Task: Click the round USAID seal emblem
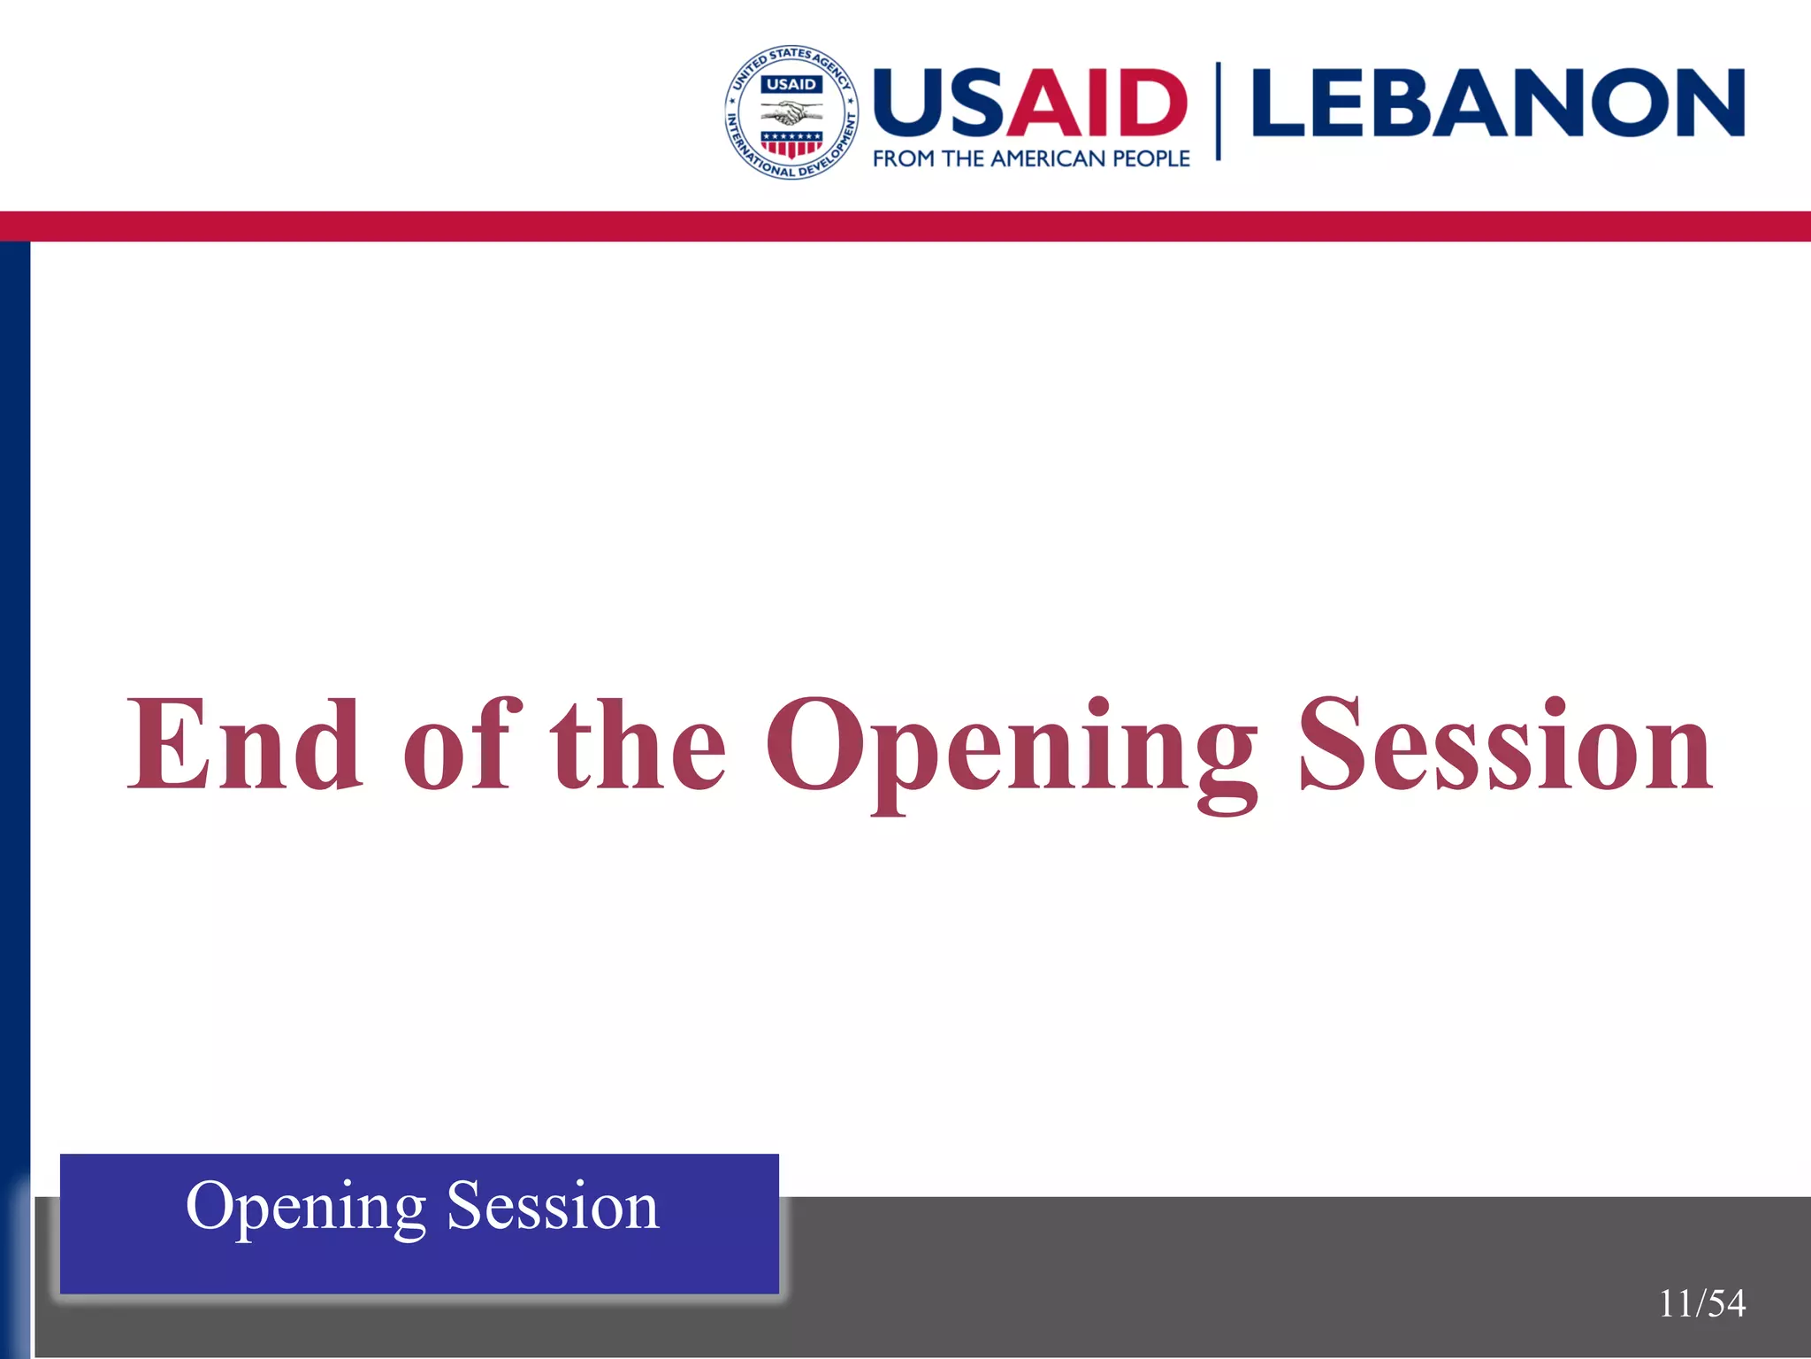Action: pyautogui.click(x=791, y=111)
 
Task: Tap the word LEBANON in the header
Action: pyautogui.click(x=1498, y=103)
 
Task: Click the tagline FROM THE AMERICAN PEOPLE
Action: pyautogui.click(x=1031, y=159)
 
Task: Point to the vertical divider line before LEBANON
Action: pyautogui.click(x=1219, y=111)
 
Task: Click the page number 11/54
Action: pyautogui.click(x=1701, y=1303)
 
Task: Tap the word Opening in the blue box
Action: pyautogui.click(x=306, y=1209)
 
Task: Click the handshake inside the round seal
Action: pyautogui.click(x=791, y=113)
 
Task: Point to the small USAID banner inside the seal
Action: pyautogui.click(x=791, y=84)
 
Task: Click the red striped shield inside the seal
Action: pyautogui.click(x=791, y=144)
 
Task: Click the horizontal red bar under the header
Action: pyautogui.click(x=905, y=226)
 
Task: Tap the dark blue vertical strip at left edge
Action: pyautogui.click(x=14, y=708)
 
